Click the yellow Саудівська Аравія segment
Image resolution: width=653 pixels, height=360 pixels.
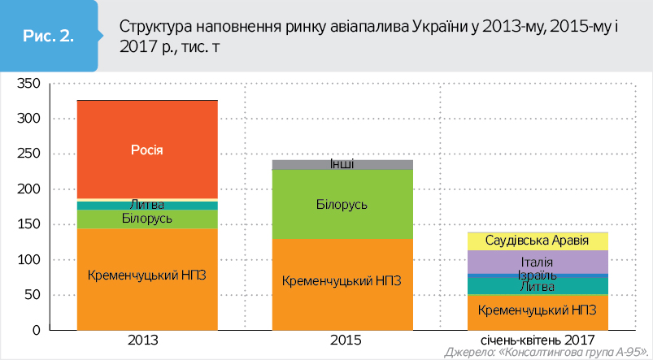537,241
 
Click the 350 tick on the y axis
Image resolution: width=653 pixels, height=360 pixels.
28,84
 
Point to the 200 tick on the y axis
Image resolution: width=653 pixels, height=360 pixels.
28,189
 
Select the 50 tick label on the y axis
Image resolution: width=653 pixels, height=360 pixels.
31,295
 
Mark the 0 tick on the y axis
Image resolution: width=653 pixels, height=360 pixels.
37,331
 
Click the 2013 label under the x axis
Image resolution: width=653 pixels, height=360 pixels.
146,340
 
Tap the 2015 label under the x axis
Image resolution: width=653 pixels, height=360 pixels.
342,340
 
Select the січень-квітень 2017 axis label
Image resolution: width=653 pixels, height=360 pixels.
537,340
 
